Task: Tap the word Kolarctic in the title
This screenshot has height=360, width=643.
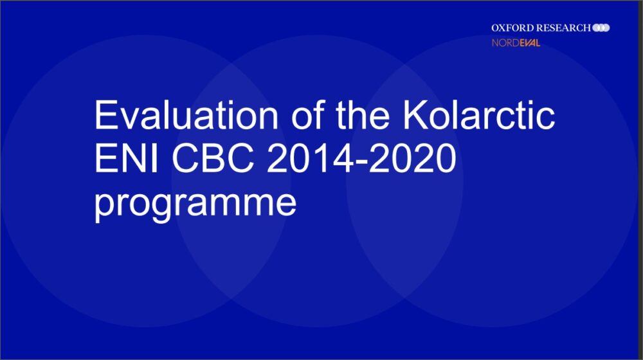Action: [478, 114]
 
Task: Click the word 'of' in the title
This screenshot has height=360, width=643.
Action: [307, 115]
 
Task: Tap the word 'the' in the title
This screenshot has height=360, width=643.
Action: [363, 115]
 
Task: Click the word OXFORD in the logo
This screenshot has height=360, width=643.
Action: [512, 28]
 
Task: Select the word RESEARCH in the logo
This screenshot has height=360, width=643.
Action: [563, 28]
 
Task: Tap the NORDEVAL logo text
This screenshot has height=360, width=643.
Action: [516, 42]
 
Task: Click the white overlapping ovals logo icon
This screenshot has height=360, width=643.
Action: [601, 28]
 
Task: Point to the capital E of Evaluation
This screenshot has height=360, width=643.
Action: [105, 115]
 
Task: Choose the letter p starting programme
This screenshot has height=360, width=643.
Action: [105, 206]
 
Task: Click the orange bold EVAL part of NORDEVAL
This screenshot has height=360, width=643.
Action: [529, 42]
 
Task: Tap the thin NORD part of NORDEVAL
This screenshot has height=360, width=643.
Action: [505, 42]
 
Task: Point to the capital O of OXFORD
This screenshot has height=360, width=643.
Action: [495, 28]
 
